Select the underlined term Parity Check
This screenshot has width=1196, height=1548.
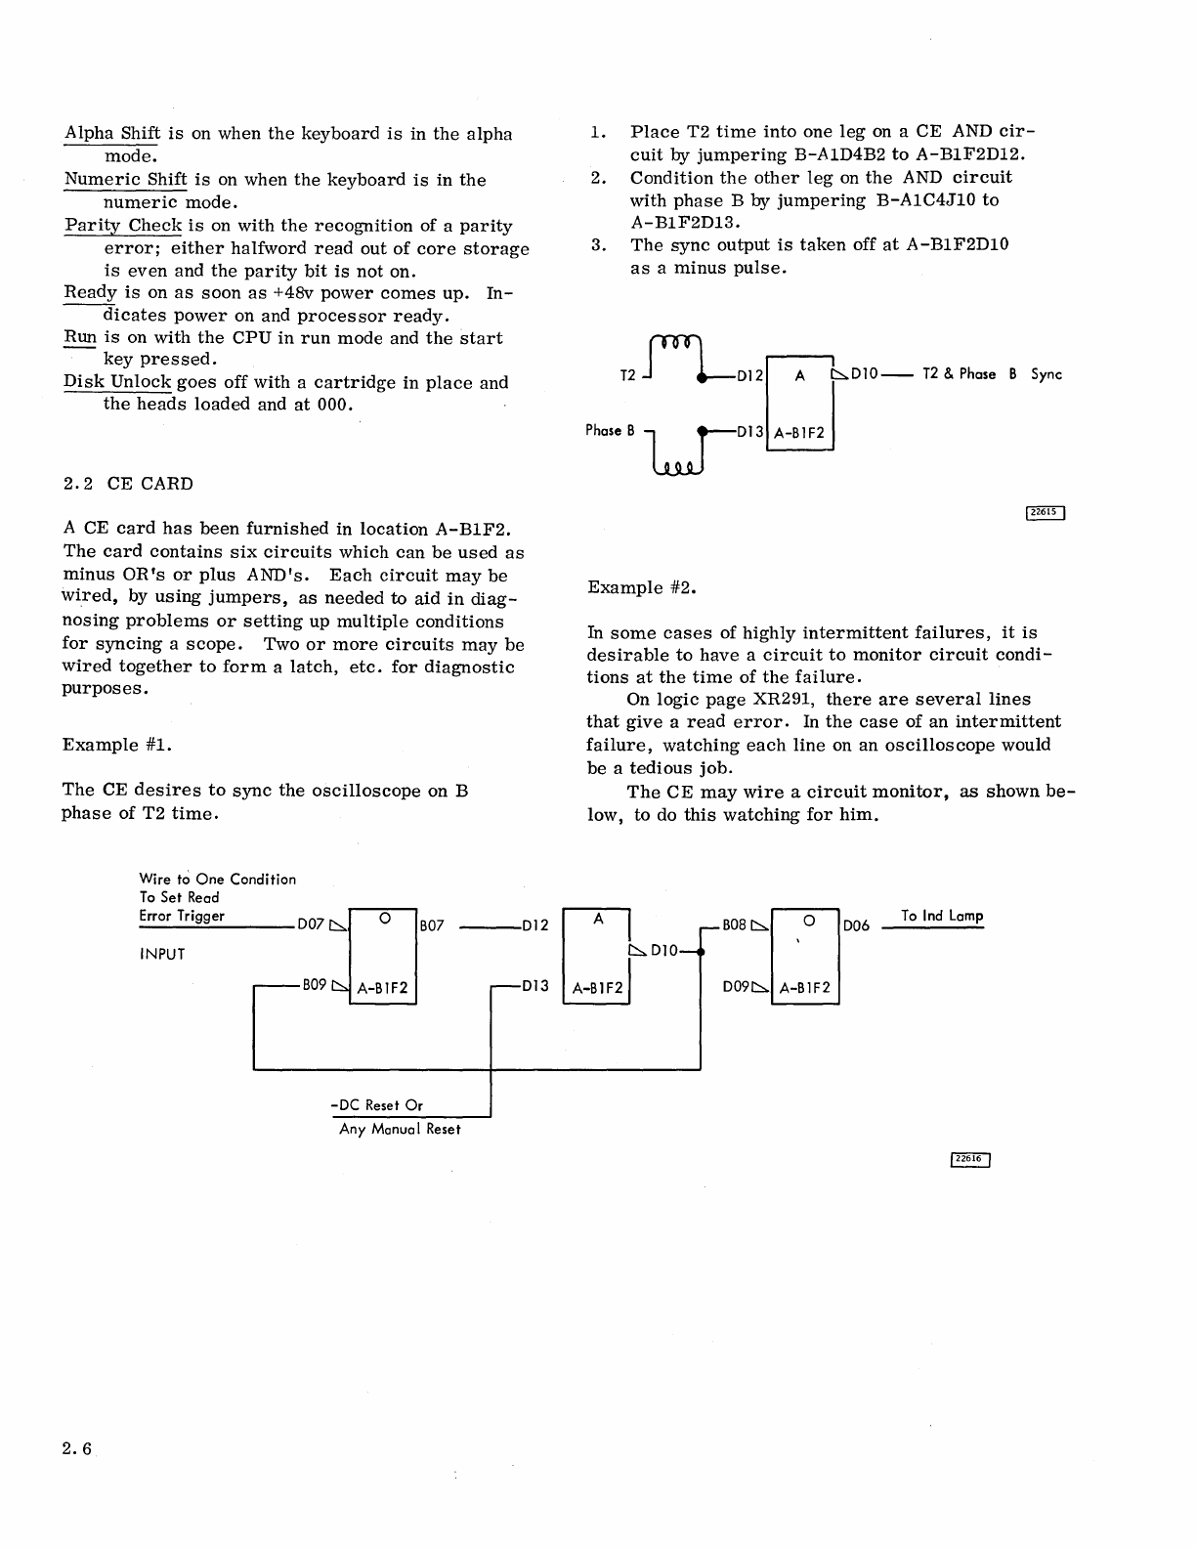click(123, 226)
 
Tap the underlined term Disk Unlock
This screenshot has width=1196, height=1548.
click(117, 383)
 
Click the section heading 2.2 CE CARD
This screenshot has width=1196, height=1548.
click(128, 484)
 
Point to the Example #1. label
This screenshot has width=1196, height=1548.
click(117, 745)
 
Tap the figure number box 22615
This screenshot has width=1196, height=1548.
click(1045, 513)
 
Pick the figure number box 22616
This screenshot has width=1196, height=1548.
click(970, 1159)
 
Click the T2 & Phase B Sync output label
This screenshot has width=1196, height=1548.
click(992, 374)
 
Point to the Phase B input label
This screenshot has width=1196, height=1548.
click(610, 430)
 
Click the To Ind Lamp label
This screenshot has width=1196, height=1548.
click(942, 916)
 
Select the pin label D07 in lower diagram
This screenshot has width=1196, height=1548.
click(310, 925)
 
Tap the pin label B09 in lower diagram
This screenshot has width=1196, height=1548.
click(314, 986)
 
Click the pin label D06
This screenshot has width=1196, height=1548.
click(856, 925)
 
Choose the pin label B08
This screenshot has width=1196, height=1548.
click(734, 924)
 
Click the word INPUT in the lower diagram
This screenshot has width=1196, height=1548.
click(162, 954)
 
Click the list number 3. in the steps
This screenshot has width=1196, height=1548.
click(599, 245)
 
